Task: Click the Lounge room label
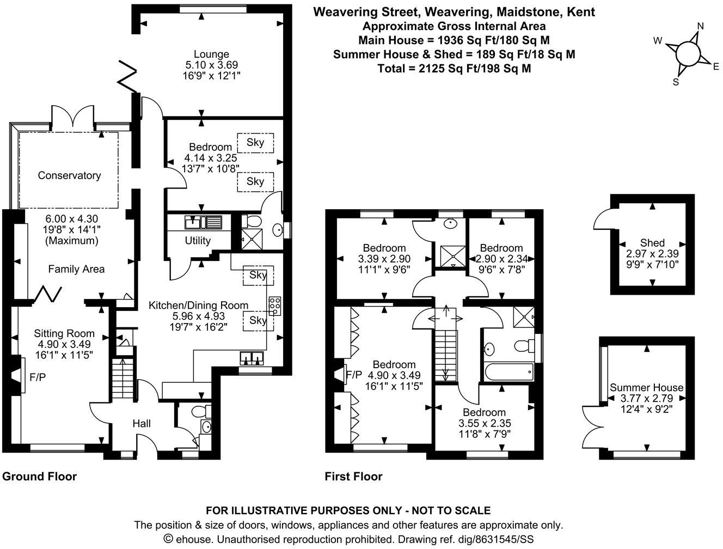point(211,54)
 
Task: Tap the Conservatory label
point(69,175)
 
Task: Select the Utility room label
point(197,240)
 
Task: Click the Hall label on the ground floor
point(142,423)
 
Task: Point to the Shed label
point(652,243)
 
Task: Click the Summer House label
point(646,388)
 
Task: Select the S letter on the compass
point(676,82)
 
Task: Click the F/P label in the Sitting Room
point(37,376)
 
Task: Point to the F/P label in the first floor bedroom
point(354,375)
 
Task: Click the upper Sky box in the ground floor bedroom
point(255,142)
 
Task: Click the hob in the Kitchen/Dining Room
point(274,306)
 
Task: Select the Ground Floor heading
point(40,477)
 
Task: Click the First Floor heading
point(353,477)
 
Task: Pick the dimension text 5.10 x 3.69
point(211,65)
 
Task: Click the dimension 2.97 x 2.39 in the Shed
point(652,254)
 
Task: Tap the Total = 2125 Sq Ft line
point(454,69)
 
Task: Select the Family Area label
point(76,269)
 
